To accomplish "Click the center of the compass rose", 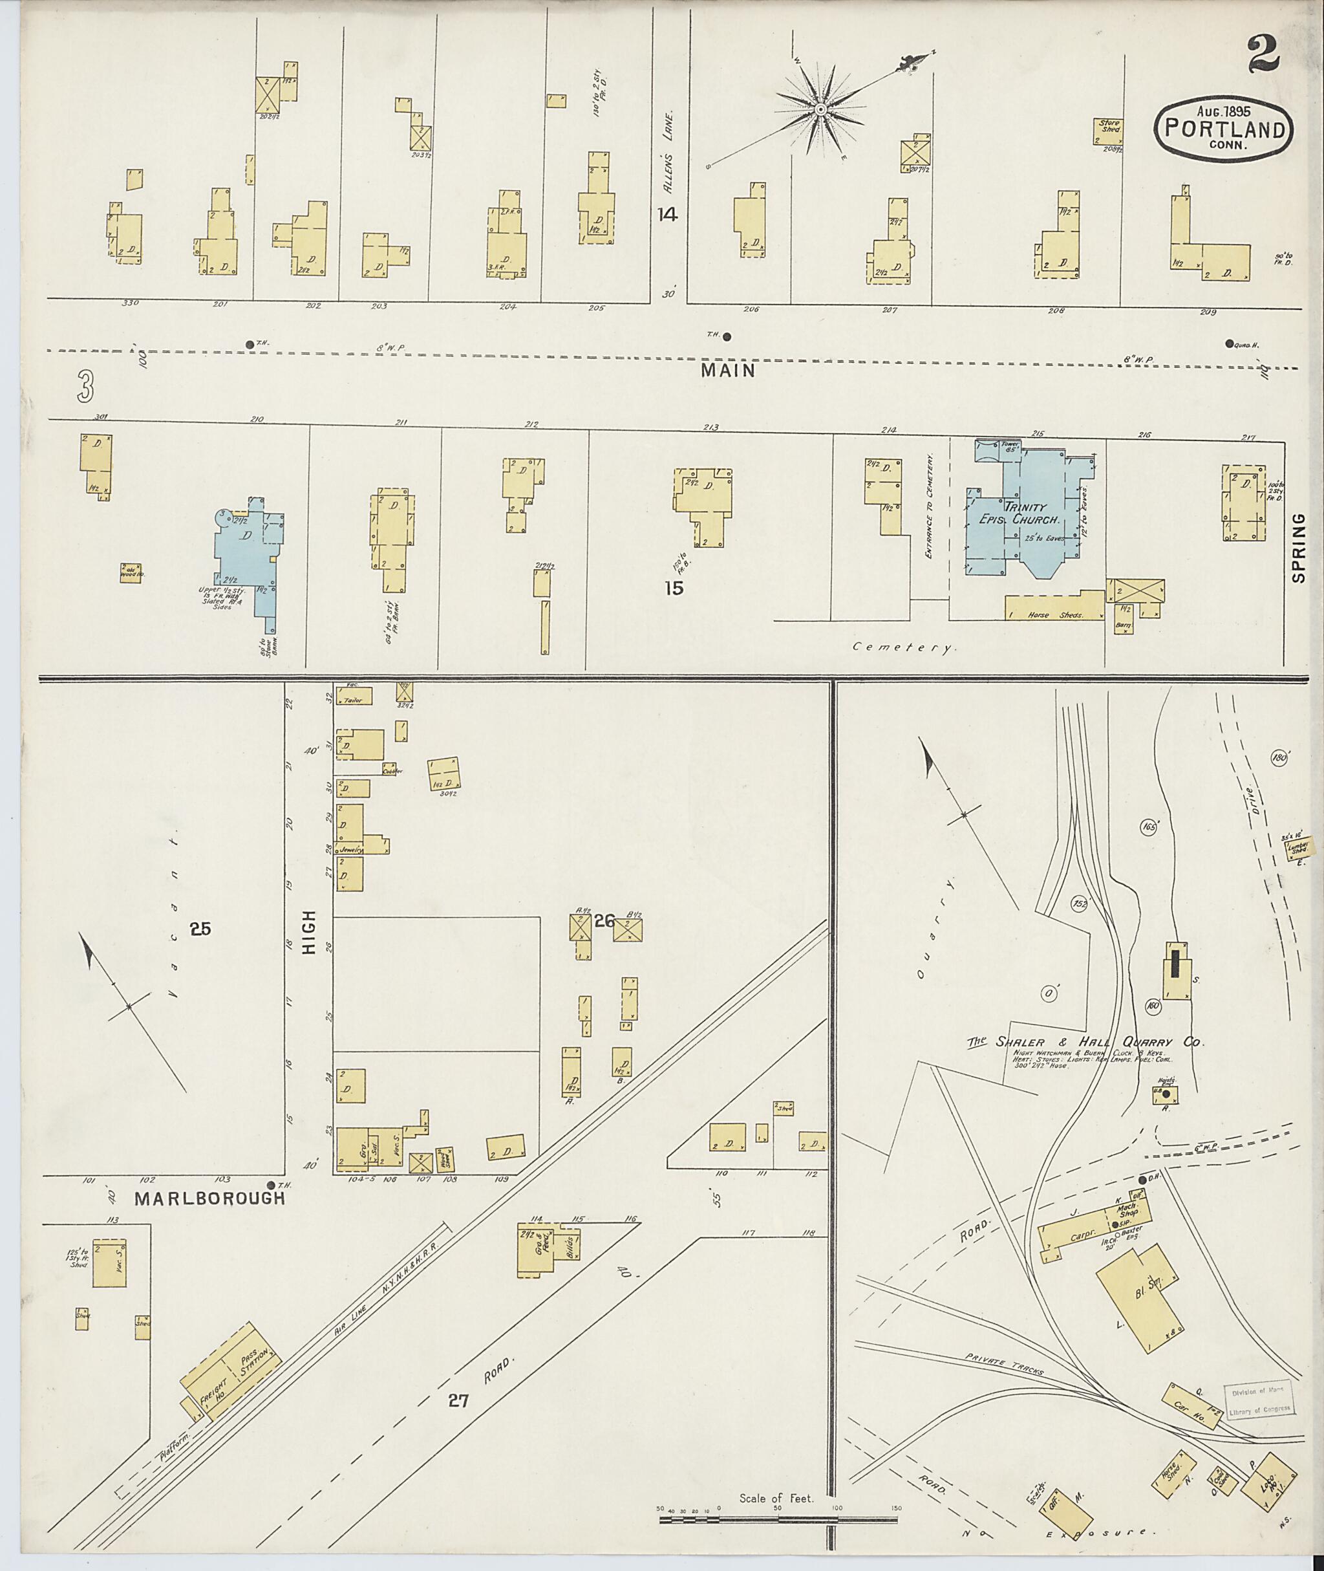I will [821, 110].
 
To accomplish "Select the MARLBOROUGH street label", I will [209, 1198].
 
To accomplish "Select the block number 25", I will [200, 929].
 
